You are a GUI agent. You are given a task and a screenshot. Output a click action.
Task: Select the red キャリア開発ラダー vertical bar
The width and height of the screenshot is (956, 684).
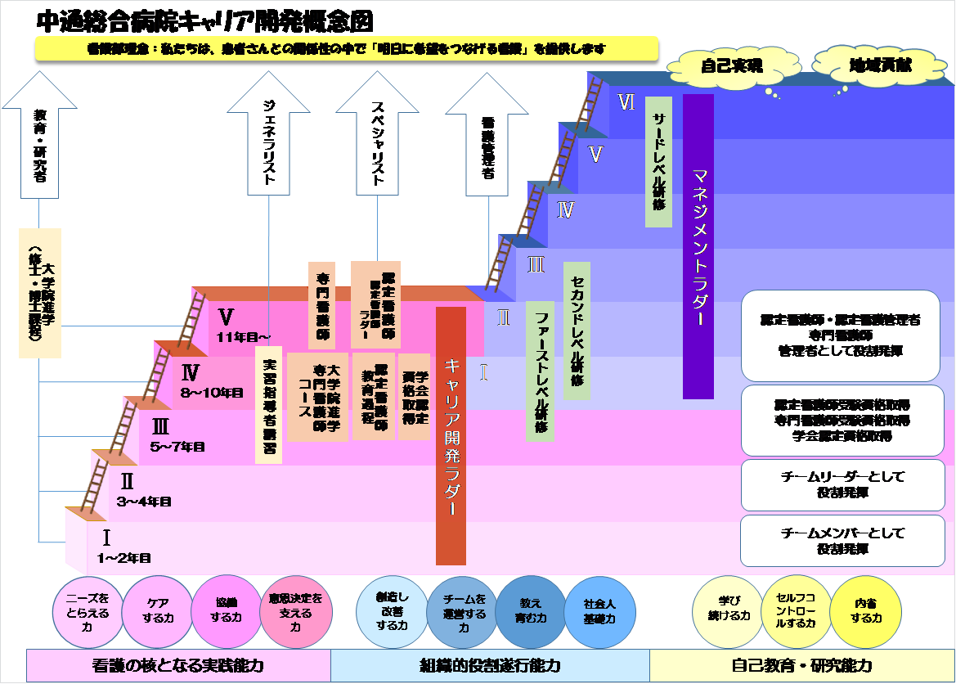451,436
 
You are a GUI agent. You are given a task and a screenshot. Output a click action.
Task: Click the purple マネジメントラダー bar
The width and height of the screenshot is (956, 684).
698,246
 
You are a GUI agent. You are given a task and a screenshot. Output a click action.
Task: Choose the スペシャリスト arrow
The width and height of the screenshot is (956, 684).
377,133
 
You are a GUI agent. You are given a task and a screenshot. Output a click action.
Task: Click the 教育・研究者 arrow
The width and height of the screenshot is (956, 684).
39,135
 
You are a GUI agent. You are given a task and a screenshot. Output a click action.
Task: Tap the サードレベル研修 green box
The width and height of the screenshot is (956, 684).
658,161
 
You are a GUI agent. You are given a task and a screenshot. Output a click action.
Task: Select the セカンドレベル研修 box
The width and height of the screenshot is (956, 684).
577,331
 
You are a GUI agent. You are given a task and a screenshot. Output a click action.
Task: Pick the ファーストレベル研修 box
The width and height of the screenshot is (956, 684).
540,374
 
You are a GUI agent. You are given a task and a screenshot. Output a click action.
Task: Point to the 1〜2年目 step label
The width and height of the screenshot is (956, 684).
123,558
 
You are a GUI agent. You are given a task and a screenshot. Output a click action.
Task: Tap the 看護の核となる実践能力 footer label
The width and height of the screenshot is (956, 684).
177,666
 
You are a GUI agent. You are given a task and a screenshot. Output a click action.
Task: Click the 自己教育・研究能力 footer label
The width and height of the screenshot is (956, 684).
801,666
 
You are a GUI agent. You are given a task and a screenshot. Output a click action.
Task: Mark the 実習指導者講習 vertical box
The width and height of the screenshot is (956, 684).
269,406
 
